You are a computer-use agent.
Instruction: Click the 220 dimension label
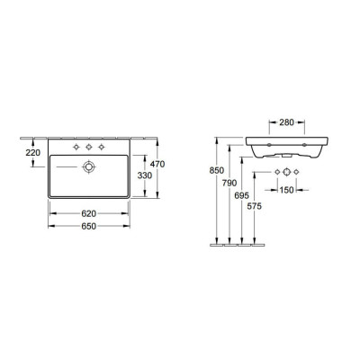pos(33,153)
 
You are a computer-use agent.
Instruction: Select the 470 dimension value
pos(157,164)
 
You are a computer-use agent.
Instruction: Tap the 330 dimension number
pos(145,175)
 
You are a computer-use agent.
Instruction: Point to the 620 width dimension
pos(89,213)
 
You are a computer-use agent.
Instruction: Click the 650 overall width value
pos(89,226)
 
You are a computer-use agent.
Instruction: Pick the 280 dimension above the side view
pos(286,122)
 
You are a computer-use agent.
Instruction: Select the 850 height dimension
pos(217,170)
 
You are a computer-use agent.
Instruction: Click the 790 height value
pos(229,183)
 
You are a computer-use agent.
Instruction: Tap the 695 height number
pos(242,195)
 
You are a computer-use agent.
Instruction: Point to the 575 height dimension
pos(255,206)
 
